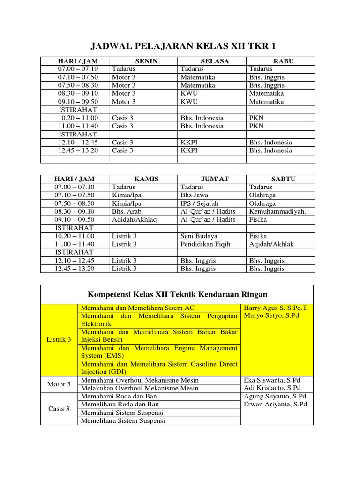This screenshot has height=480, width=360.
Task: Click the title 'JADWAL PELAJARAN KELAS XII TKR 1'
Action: pos(182,45)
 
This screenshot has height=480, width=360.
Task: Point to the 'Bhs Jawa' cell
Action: pos(195,195)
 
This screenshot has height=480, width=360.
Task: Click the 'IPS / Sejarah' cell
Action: pos(199,203)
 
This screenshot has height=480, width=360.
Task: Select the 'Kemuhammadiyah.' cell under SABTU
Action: pos(277,211)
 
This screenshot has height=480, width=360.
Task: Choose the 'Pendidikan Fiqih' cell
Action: pos(205,244)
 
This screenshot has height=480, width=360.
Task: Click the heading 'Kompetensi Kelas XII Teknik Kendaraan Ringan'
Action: pos(177,294)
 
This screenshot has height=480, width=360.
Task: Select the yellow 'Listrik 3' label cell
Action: pos(59,339)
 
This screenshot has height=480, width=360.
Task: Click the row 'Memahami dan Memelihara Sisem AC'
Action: pos(137,308)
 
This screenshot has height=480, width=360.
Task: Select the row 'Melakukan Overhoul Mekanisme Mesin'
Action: pos(140,388)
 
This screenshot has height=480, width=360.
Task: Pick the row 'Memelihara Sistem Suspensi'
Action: pos(123,420)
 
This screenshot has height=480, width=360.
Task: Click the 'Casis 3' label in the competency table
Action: pos(59,408)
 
